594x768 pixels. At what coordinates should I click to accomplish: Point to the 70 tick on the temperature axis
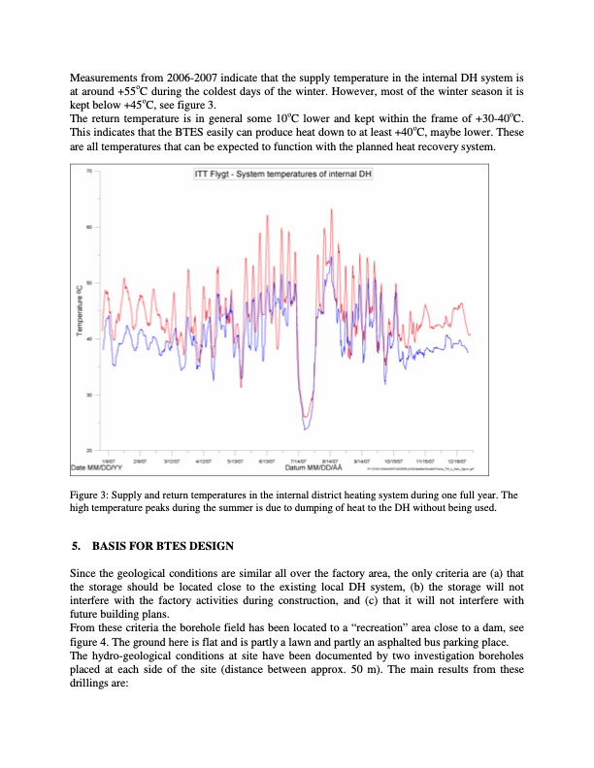tap(89, 172)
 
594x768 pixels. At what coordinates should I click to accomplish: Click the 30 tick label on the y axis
tap(89, 396)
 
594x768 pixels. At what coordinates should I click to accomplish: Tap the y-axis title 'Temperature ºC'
tap(80, 309)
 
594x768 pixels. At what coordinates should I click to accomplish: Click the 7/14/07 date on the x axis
tap(300, 461)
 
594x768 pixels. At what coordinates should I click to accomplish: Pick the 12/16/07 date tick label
tap(455, 461)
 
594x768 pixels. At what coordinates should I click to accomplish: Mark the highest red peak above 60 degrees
tap(332, 210)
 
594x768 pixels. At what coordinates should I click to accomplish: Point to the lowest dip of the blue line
tap(306, 429)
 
